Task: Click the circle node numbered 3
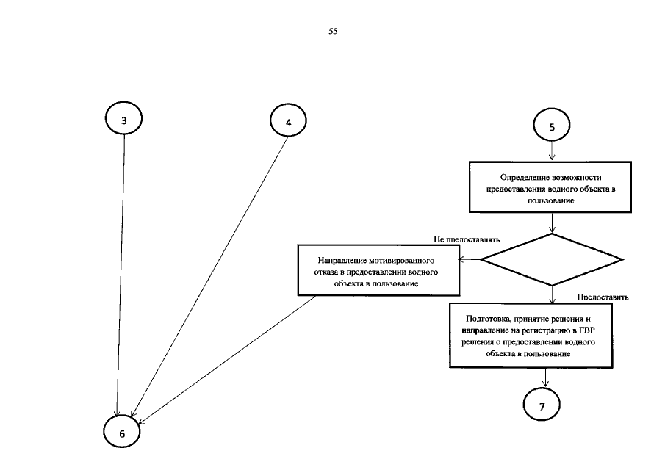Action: pyautogui.click(x=124, y=120)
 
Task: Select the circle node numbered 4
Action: pyautogui.click(x=288, y=122)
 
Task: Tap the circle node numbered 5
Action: pyautogui.click(x=553, y=126)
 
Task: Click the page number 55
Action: pyautogui.click(x=333, y=32)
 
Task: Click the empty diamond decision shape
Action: pyautogui.click(x=552, y=259)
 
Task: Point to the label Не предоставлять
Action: pyautogui.click(x=467, y=239)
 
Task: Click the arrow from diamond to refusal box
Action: pyautogui.click(x=470, y=259)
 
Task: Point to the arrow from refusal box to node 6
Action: pyautogui.click(x=228, y=360)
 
